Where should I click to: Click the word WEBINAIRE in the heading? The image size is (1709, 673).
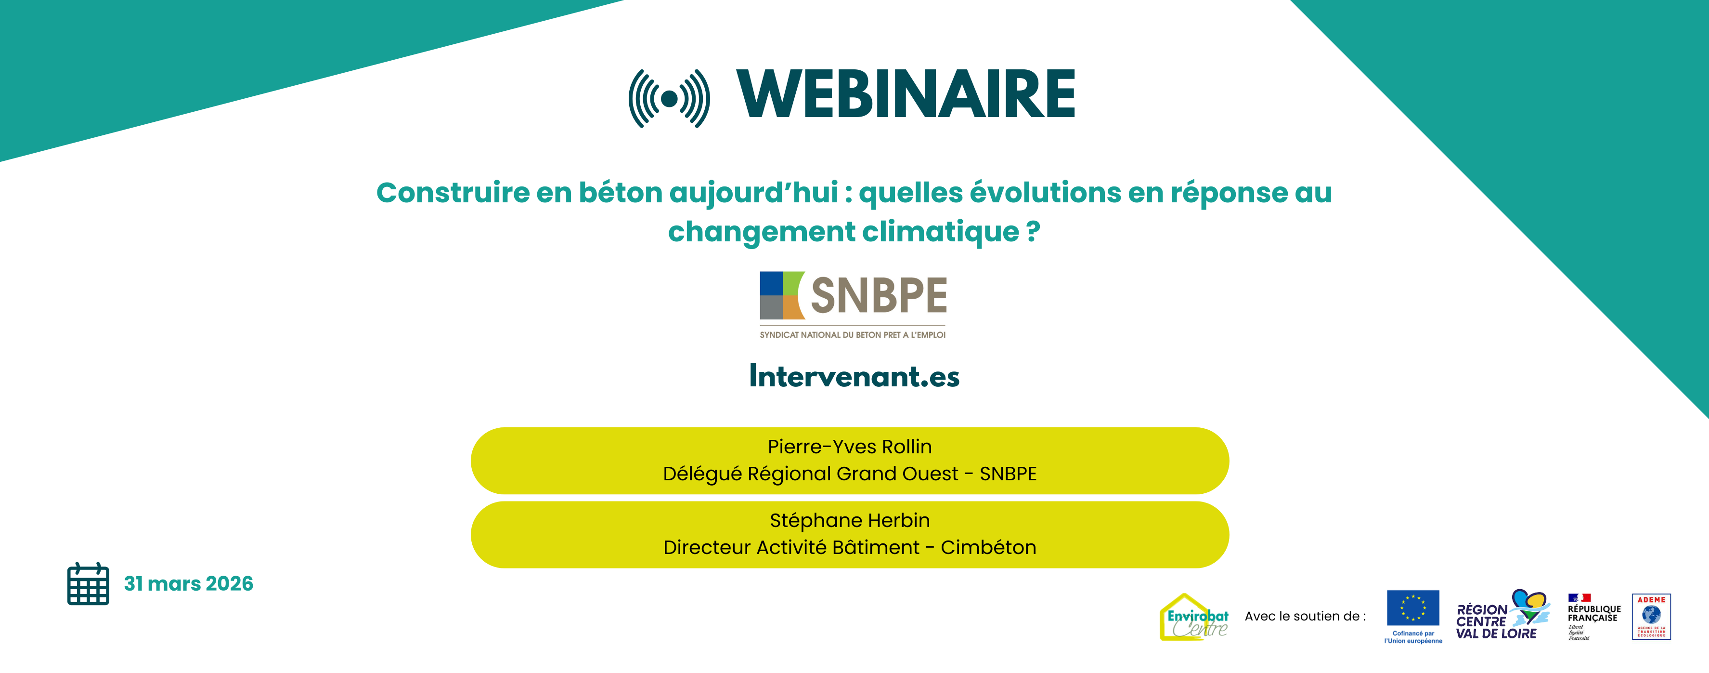click(x=906, y=95)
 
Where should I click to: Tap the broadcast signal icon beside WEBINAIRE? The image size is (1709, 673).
click(x=669, y=98)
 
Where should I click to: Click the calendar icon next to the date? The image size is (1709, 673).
click(x=88, y=583)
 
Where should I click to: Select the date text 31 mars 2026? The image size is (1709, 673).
click(x=188, y=583)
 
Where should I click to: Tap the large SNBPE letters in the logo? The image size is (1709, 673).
click(x=879, y=295)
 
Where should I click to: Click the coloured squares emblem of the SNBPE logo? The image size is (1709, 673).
click(x=781, y=295)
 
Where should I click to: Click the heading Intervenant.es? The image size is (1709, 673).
click(x=854, y=376)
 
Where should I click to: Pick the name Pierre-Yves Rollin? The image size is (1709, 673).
click(x=849, y=447)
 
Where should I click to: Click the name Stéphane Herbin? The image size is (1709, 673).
click(x=849, y=520)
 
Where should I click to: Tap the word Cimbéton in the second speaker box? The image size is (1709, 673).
click(x=988, y=548)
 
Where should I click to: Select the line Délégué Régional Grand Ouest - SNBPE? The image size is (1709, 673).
click(x=849, y=474)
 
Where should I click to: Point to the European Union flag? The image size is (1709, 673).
click(x=1412, y=607)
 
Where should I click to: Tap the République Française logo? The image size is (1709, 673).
click(x=1593, y=616)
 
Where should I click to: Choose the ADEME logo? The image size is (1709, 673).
click(x=1651, y=617)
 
